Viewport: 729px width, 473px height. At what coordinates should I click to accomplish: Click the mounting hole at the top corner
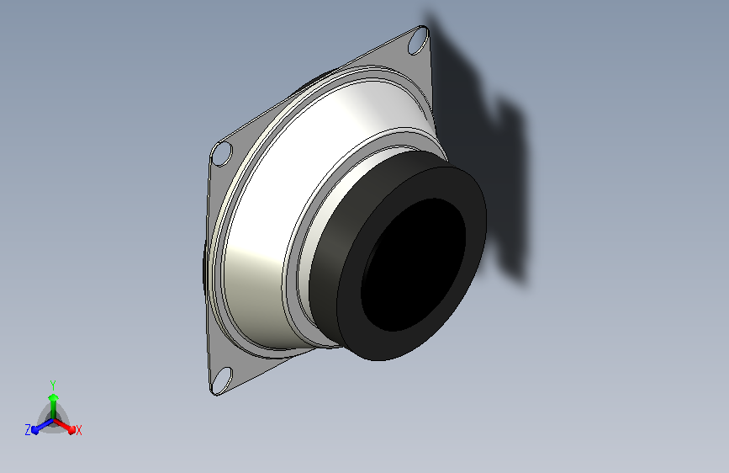pyautogui.click(x=417, y=39)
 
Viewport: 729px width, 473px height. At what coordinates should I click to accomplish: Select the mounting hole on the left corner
pyautogui.click(x=222, y=154)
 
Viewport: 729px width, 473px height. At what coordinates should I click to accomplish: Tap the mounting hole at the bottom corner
pyautogui.click(x=222, y=377)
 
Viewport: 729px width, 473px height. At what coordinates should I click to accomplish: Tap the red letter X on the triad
pyautogui.click(x=79, y=431)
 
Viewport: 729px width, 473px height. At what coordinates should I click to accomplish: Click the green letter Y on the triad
pyautogui.click(x=52, y=383)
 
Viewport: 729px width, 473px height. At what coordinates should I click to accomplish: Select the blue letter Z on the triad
pyautogui.click(x=28, y=430)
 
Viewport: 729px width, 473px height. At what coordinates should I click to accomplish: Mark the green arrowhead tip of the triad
pyautogui.click(x=53, y=394)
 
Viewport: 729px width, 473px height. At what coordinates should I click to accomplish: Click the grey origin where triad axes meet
pyautogui.click(x=53, y=421)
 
